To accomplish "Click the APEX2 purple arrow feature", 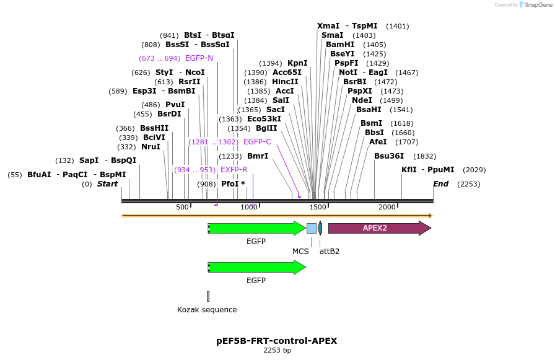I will [x=378, y=228].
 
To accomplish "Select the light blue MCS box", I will [x=311, y=228].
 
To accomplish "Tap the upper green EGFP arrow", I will [x=256, y=228].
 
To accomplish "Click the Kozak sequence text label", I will [x=207, y=310].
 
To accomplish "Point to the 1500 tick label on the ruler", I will [x=318, y=207].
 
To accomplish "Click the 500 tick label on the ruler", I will [x=182, y=207].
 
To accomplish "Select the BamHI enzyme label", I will [x=339, y=45].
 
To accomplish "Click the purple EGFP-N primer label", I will [x=199, y=58].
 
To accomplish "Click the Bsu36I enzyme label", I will [x=389, y=156].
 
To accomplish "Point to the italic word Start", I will [x=107, y=184].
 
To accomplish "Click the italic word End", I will [x=440, y=184].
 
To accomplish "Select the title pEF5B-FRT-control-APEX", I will [x=277, y=341].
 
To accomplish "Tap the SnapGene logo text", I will [x=536, y=5].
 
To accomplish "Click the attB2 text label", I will [x=329, y=252].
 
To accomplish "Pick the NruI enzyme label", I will [x=151, y=147].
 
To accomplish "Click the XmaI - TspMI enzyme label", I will [x=347, y=26].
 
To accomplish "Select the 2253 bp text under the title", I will [x=277, y=351].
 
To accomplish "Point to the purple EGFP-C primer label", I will [x=257, y=142].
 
